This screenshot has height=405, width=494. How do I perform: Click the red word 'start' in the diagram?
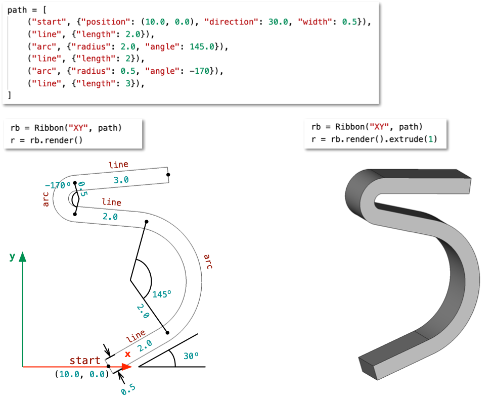pyautogui.click(x=85, y=360)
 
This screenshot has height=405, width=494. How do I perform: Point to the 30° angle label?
pyautogui.click(x=191, y=356)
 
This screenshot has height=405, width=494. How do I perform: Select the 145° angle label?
pyautogui.click(x=162, y=293)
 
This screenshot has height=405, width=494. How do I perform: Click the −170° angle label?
pyautogui.click(x=57, y=185)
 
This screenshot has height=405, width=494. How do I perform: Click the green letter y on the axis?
pyautogui.click(x=12, y=257)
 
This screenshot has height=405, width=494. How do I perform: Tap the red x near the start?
pyautogui.click(x=127, y=355)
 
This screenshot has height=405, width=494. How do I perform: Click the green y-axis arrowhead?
pyautogui.click(x=23, y=258)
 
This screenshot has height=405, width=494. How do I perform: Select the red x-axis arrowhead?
pyautogui.click(x=126, y=366)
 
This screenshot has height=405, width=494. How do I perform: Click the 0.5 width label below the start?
pyautogui.click(x=128, y=390)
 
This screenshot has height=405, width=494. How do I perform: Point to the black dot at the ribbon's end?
pyautogui.click(x=168, y=175)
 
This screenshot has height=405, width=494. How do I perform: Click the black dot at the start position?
pyautogui.click(x=109, y=366)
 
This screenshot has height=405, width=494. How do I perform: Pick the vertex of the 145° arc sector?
pyautogui.click(x=130, y=280)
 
